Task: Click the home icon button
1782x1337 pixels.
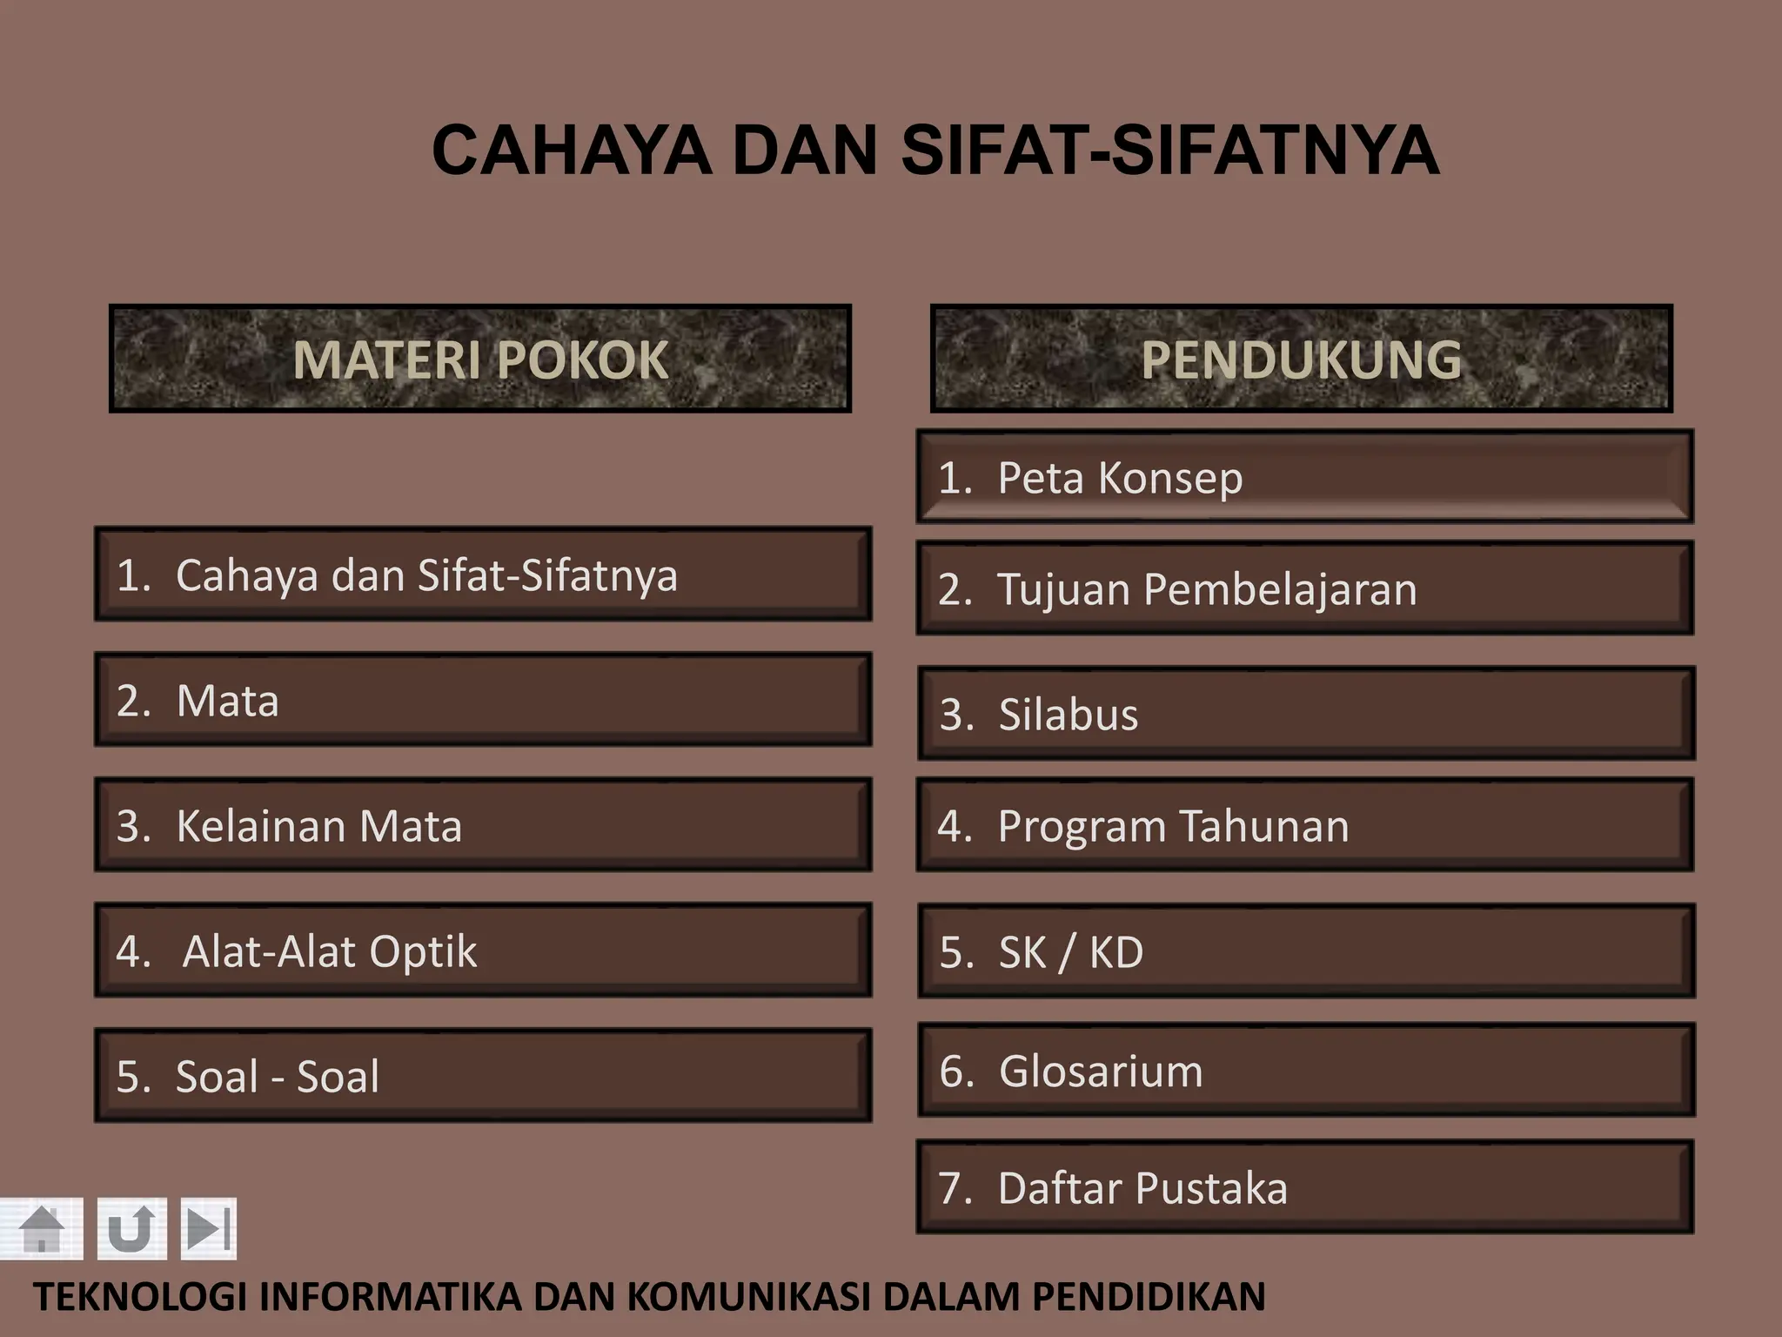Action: (x=41, y=1228)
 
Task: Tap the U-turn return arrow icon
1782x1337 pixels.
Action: (x=131, y=1228)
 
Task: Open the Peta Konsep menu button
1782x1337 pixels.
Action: (x=1304, y=477)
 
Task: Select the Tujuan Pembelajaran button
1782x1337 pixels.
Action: (x=1304, y=588)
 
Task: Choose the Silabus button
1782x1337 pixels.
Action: (x=1305, y=714)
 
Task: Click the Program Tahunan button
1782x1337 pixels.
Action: (x=1304, y=825)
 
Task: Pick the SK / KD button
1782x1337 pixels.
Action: (x=1305, y=951)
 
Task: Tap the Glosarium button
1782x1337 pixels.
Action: (x=1305, y=1070)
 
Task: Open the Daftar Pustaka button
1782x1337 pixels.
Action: (x=1304, y=1187)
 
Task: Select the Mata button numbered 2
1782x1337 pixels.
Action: (x=483, y=700)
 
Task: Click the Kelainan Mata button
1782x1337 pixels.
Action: (x=483, y=825)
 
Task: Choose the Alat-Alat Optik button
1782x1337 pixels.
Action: (x=483, y=951)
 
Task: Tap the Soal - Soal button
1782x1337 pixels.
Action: (x=483, y=1076)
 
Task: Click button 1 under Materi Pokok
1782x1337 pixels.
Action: (x=483, y=574)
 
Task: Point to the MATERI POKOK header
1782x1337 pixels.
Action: (x=480, y=359)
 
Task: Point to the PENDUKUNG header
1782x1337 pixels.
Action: (x=1301, y=359)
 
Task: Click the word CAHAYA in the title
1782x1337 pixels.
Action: (x=572, y=150)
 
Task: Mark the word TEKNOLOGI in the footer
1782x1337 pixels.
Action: (x=140, y=1297)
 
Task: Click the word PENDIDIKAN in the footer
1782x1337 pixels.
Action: (x=1149, y=1297)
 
